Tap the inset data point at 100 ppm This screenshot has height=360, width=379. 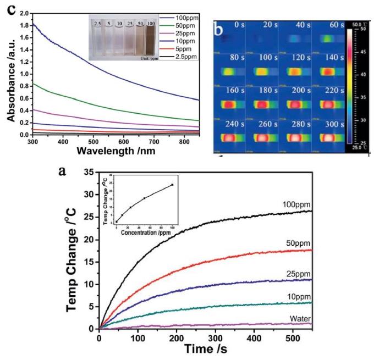coord(173,185)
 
